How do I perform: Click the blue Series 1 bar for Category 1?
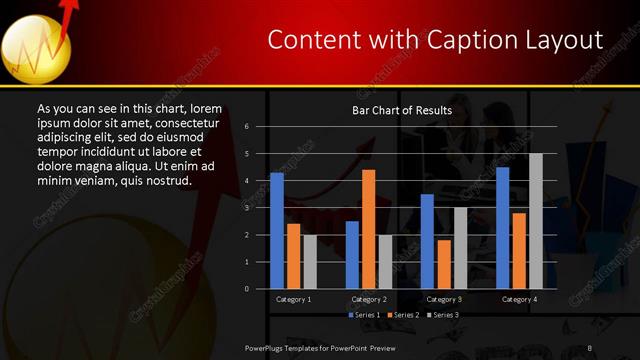coord(277,231)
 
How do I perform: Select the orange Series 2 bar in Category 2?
coord(368,229)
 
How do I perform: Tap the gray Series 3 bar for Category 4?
coord(535,221)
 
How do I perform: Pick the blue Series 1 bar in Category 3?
coord(427,241)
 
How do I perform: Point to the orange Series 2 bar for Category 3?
coord(444,264)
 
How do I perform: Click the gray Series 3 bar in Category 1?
coord(310,261)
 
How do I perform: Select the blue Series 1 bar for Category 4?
coord(502,228)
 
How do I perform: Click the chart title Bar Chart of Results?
coord(402,110)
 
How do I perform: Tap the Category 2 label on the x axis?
coord(369,299)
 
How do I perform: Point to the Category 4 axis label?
coord(519,299)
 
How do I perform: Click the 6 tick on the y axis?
coord(261,127)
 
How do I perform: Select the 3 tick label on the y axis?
coord(261,208)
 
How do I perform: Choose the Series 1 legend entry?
coord(366,315)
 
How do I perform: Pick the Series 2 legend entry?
coord(404,315)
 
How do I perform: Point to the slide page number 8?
coord(590,347)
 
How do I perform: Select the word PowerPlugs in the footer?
coord(267,347)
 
